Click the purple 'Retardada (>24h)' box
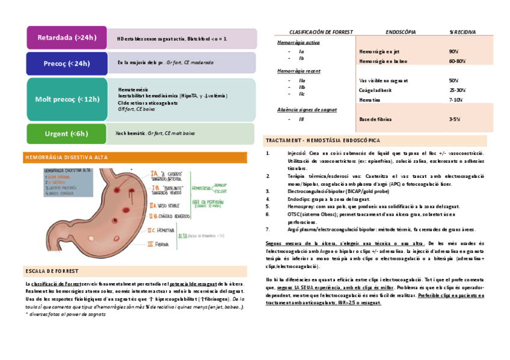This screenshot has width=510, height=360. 66,38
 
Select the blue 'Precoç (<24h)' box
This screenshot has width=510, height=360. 66,63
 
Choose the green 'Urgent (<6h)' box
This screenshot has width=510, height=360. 66,133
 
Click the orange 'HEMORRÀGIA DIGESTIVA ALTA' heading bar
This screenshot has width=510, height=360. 135,157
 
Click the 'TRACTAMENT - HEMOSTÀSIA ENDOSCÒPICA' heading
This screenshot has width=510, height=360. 322,141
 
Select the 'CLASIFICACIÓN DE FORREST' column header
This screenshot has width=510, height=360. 321,31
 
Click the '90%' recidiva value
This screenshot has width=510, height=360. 454,52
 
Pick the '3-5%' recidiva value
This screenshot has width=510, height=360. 455,120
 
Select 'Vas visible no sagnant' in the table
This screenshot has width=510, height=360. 383,80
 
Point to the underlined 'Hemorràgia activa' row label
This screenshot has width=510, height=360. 298,43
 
